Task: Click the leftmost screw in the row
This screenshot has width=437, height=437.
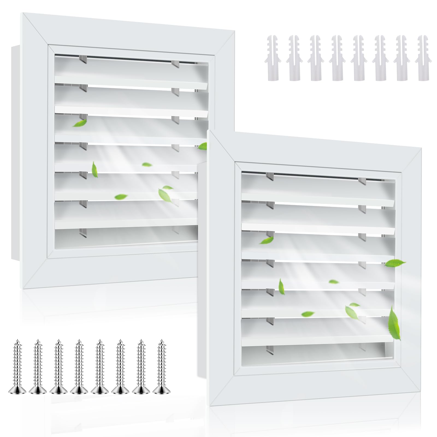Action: pyautogui.click(x=17, y=366)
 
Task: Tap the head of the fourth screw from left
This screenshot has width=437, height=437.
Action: pyautogui.click(x=79, y=389)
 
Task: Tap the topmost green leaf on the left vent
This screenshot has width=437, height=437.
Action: pyautogui.click(x=79, y=124)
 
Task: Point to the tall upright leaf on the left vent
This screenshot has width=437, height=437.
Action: pyautogui.click(x=95, y=169)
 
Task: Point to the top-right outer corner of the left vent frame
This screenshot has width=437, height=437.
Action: pyautogui.click(x=235, y=31)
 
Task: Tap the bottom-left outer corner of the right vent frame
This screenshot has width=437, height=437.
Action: pyautogui.click(x=211, y=404)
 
